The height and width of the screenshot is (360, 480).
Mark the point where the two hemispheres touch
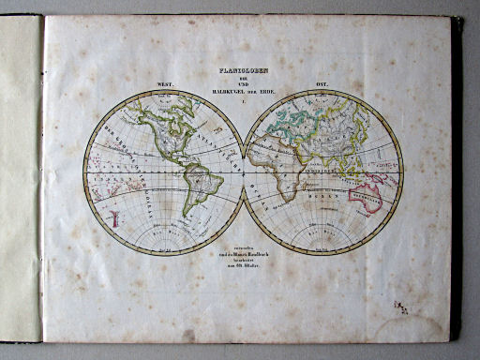click(244, 172)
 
